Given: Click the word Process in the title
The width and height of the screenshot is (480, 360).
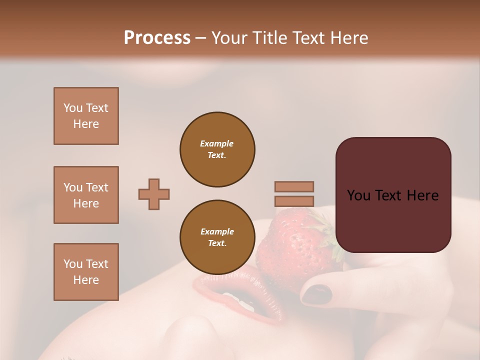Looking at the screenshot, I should [157, 38].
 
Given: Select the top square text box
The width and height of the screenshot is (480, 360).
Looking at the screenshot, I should [86, 116].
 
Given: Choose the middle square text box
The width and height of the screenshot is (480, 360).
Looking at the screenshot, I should [86, 195].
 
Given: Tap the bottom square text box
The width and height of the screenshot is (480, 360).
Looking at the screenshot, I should [86, 272].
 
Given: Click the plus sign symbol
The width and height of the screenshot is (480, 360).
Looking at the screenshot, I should [154, 194].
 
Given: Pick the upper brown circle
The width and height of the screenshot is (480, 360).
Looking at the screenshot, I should [217, 149].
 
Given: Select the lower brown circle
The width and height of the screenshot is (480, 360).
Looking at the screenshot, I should [217, 237].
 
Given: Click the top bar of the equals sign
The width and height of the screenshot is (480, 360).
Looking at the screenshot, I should [294, 186].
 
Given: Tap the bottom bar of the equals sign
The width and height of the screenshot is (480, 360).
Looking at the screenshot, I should [294, 201].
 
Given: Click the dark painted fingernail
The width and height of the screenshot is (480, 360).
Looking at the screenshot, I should [316, 294].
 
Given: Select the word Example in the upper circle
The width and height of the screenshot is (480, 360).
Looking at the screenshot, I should [217, 143].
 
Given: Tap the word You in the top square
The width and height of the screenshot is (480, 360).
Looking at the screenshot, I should [73, 108].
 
